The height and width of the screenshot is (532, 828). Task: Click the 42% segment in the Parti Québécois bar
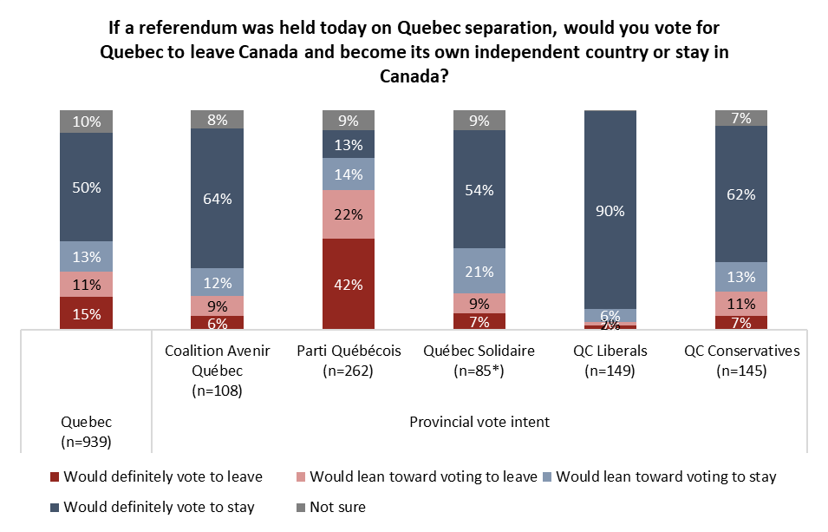point(348,284)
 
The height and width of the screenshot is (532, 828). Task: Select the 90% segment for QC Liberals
point(610,209)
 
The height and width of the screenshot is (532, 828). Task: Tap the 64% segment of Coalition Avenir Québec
point(217,198)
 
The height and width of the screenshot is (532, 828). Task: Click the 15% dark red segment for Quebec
point(86,313)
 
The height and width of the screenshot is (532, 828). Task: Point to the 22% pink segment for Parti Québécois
point(348,214)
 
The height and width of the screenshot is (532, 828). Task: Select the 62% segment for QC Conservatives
point(741,194)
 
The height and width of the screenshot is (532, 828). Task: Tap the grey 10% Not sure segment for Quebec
point(86,122)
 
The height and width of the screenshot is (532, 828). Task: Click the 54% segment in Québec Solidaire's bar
point(479,189)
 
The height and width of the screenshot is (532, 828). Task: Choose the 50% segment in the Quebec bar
point(86,187)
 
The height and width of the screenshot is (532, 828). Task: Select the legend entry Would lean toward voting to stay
point(665,476)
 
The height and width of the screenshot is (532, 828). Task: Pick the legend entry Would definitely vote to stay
point(159,507)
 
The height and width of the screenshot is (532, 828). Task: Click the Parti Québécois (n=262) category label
point(348,361)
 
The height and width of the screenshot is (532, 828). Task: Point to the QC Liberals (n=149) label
point(610,361)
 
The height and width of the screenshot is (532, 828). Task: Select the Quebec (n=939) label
point(86,431)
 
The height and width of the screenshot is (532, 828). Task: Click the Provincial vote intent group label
point(479,423)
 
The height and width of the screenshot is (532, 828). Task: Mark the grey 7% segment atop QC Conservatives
point(741,118)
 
